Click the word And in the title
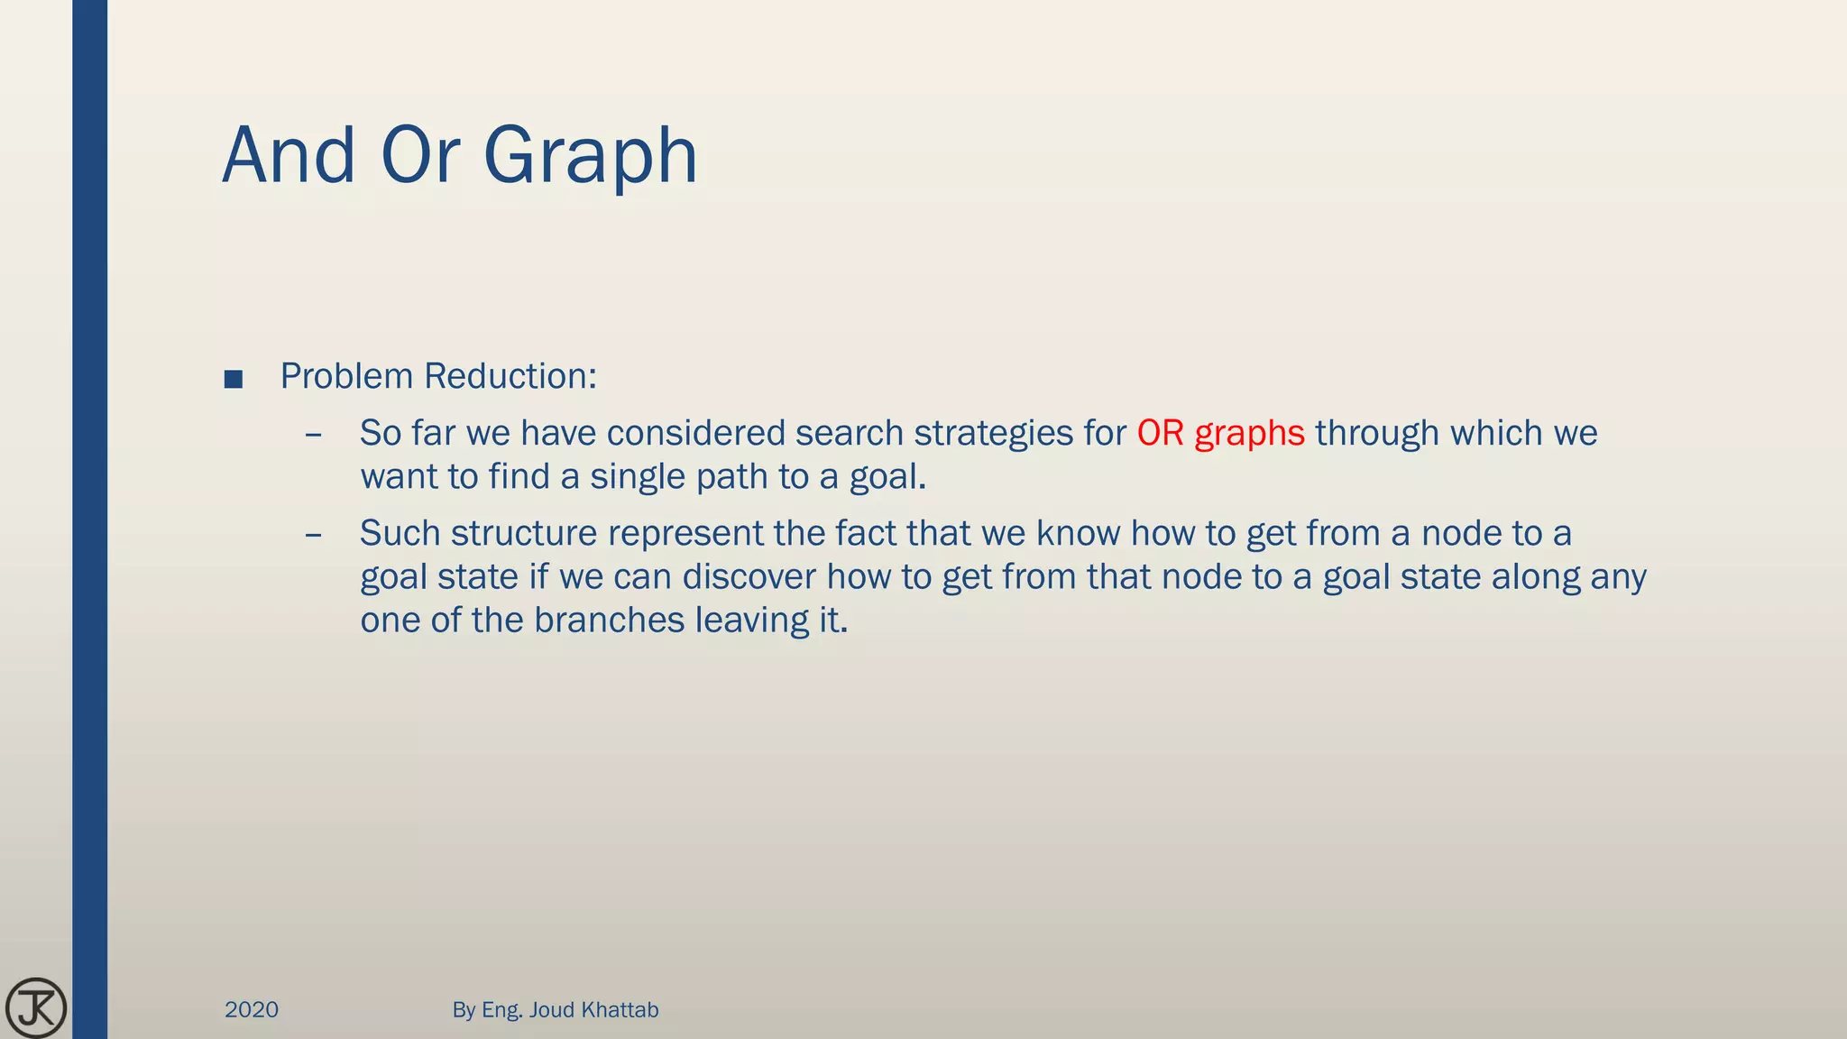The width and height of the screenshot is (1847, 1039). pos(289,156)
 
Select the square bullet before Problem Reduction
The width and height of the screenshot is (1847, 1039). pos(234,379)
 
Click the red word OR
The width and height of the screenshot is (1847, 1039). pos(1160,433)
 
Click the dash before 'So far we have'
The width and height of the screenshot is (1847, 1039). pos(314,435)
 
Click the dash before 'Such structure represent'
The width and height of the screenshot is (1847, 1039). pos(314,535)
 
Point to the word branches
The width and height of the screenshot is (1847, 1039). pos(609,621)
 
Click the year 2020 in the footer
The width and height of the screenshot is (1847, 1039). pos(252,1010)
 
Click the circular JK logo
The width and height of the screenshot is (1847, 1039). pos(36,1007)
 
